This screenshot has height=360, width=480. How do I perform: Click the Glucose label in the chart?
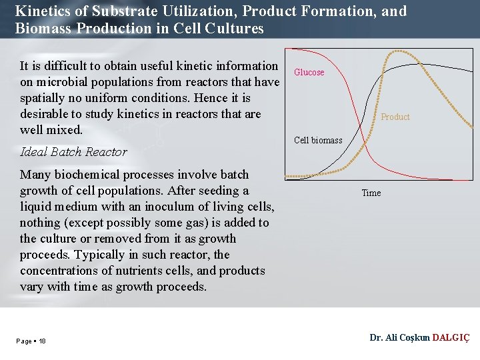click(309, 72)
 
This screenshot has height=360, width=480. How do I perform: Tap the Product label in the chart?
click(395, 117)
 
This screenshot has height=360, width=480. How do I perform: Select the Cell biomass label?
click(318, 140)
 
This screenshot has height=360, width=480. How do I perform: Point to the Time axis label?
click(371, 193)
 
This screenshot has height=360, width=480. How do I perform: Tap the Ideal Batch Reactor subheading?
click(73, 152)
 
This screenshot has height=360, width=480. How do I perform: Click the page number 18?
click(42, 341)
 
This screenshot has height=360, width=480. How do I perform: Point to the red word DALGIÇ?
click(451, 338)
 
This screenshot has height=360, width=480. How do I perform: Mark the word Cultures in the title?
click(236, 29)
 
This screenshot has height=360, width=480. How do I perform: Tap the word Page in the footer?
click(24, 341)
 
